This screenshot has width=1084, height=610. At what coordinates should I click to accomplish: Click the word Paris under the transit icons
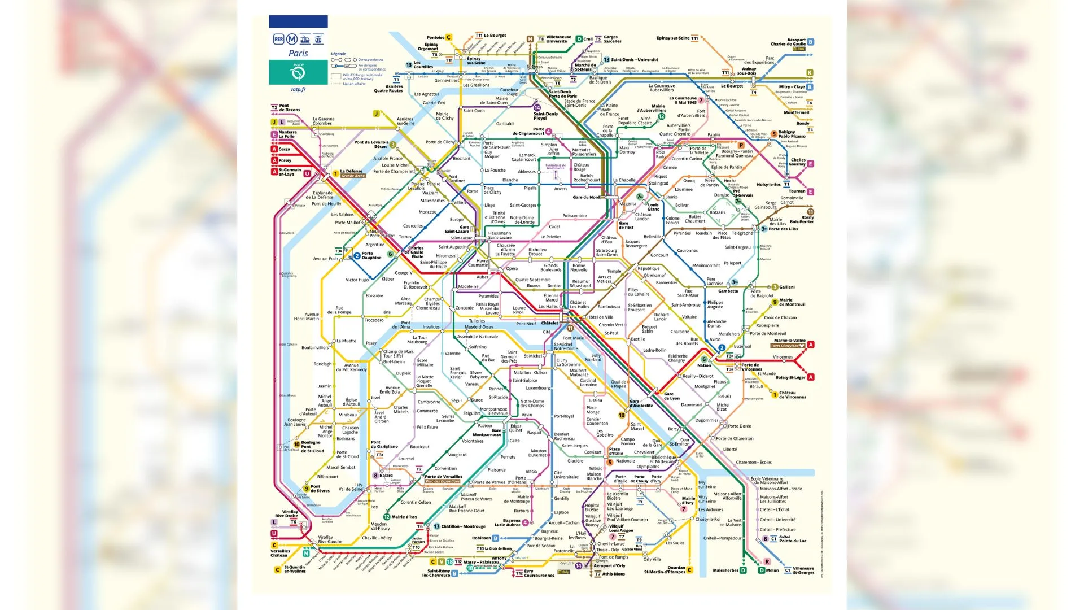(298, 53)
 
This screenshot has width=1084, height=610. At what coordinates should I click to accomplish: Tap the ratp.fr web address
(298, 89)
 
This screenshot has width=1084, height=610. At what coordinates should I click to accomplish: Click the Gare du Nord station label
(586, 197)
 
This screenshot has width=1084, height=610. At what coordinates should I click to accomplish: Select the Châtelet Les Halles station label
(578, 304)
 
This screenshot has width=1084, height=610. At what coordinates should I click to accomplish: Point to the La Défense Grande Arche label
(352, 173)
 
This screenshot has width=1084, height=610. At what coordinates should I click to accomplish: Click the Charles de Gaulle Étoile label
(416, 252)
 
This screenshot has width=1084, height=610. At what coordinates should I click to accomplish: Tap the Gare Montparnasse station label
(487, 432)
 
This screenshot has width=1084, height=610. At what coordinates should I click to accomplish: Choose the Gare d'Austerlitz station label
(641, 403)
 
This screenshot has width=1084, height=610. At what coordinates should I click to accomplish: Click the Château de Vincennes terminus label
(792, 395)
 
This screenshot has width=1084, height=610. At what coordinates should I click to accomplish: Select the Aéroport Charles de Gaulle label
(788, 42)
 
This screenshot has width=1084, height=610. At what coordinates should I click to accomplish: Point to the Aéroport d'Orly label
(609, 565)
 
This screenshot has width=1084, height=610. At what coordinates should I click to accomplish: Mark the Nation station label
(704, 365)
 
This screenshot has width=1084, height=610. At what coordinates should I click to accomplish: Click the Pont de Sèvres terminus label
(320, 489)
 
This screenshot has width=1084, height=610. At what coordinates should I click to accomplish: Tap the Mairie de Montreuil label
(792, 302)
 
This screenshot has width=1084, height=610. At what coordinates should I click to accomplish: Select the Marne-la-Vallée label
(789, 341)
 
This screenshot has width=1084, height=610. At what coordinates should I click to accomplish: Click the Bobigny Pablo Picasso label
(792, 134)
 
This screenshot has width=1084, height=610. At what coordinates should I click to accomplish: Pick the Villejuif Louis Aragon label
(620, 528)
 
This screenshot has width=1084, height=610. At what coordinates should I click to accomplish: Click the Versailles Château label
(280, 553)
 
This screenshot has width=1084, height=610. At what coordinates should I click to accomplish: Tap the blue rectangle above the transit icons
(298, 21)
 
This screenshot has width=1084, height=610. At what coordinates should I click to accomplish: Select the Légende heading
(338, 54)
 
